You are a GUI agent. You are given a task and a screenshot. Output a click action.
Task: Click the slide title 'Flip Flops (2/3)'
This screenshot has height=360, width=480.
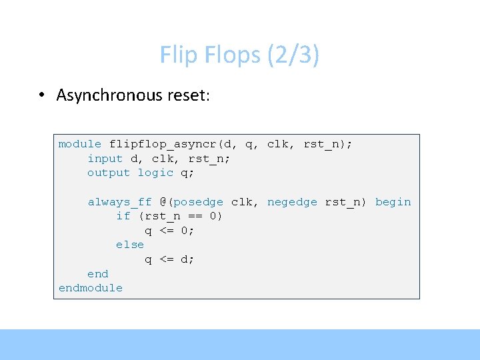click(x=239, y=55)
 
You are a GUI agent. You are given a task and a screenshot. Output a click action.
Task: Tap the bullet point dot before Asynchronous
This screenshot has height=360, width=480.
click(x=41, y=95)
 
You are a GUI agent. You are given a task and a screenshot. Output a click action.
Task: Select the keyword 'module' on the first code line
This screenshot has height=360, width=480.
click(x=80, y=144)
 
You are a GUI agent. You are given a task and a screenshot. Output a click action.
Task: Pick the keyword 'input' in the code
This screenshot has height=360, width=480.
click(x=105, y=159)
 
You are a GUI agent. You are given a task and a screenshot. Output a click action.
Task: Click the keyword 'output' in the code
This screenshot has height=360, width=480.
click(x=109, y=173)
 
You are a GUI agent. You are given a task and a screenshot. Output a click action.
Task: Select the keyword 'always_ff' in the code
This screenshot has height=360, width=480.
click(x=120, y=202)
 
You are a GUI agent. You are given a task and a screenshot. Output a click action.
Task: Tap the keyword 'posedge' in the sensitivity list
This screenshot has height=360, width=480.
click(x=199, y=202)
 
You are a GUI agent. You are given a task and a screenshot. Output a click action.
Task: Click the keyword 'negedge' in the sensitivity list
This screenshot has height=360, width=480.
click(x=292, y=202)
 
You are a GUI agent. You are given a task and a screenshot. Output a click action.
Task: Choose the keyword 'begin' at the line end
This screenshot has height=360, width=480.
click(x=393, y=202)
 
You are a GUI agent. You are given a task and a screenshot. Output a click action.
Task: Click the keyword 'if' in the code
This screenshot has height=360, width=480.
click(x=123, y=216)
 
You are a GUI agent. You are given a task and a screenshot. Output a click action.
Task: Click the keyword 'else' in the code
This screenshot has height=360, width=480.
click(x=130, y=245)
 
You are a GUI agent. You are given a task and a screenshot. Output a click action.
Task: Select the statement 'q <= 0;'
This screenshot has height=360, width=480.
click(x=170, y=231)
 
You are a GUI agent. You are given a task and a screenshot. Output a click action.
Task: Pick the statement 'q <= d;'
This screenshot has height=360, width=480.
click(x=170, y=259)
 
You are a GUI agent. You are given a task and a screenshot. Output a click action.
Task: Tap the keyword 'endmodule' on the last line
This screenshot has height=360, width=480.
click(x=91, y=288)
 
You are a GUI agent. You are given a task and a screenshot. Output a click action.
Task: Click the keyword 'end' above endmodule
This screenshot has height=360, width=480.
click(x=98, y=274)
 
